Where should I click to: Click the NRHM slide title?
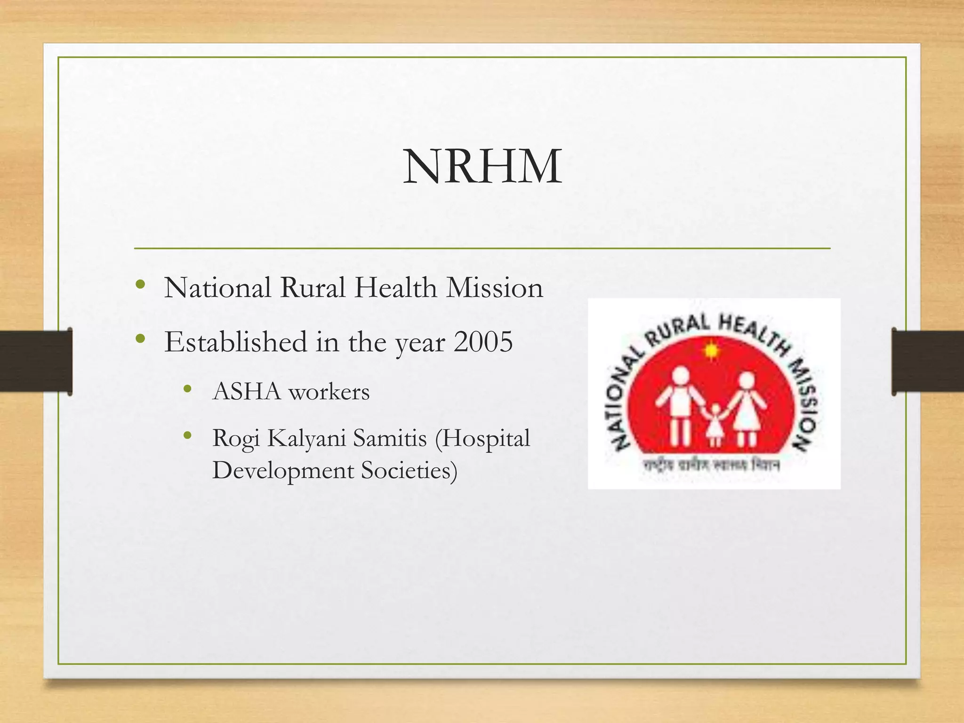(482, 166)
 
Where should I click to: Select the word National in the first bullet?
(217, 288)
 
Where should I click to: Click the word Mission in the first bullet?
(495, 288)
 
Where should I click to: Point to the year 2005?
(483, 342)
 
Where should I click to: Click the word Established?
(235, 342)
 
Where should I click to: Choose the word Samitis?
(390, 438)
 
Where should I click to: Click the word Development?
(282, 471)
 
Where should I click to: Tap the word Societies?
(409, 471)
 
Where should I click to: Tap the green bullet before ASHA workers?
(188, 389)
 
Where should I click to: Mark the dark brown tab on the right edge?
(928, 361)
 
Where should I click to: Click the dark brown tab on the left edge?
(36, 361)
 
